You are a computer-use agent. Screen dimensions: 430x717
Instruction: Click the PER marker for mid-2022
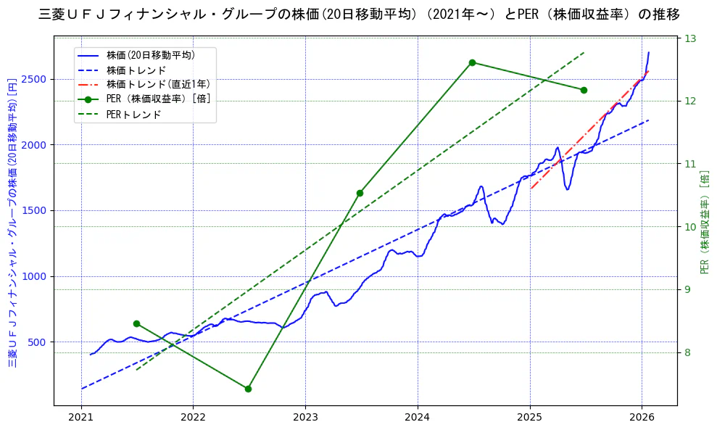coord(248,389)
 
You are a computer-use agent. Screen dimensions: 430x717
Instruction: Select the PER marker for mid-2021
coord(136,323)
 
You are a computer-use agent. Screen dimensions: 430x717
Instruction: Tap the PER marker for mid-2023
coord(360,193)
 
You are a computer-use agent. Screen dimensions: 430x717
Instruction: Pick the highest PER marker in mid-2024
coord(472,62)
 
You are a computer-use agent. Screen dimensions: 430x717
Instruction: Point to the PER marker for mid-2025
coord(584,90)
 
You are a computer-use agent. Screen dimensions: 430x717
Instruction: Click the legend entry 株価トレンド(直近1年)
coord(158,84)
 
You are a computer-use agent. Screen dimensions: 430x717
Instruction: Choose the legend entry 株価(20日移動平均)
coord(150,54)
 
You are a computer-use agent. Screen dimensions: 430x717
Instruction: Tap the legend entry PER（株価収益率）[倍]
coord(158,99)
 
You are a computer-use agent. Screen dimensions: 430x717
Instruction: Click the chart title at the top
coord(358,14)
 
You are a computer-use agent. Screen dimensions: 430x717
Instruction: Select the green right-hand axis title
coord(704,222)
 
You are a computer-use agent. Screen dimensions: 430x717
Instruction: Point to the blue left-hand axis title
coord(12,222)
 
